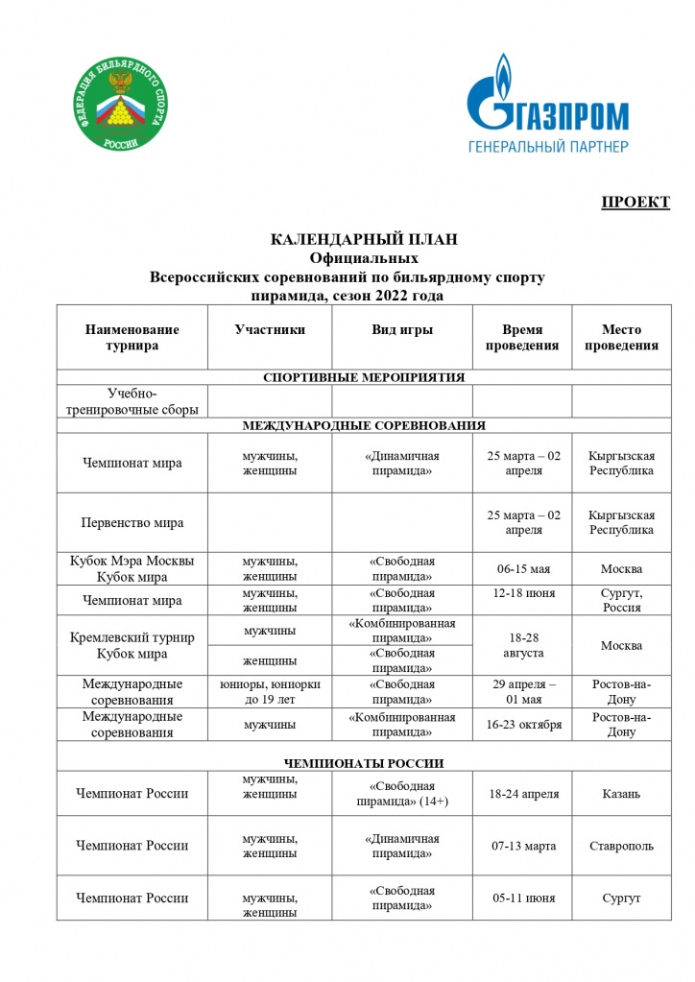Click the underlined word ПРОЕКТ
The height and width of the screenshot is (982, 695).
[635, 202]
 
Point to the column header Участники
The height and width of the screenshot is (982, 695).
[270, 330]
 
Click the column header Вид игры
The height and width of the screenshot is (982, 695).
[402, 330]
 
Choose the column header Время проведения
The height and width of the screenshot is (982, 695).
[522, 338]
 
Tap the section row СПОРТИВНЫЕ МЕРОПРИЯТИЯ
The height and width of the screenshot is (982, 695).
[364, 377]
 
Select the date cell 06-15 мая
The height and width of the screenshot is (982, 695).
[522, 569]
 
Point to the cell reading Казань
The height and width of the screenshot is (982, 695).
[621, 794]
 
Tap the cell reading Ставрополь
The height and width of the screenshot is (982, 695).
[621, 846]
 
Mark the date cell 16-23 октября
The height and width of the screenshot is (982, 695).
[522, 725]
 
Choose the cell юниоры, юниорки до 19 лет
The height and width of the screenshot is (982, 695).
[270, 692]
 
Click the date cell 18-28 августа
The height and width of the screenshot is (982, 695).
[522, 645]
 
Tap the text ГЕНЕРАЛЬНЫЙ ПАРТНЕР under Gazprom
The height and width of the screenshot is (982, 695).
[547, 147]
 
